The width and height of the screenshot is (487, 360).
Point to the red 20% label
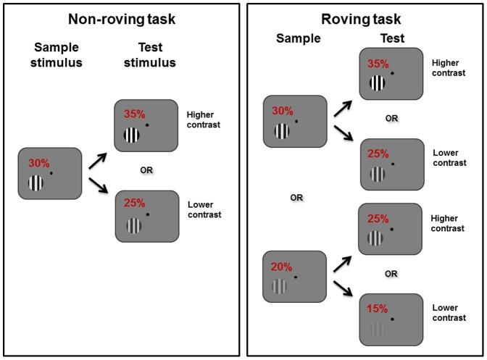pyautogui.click(x=283, y=267)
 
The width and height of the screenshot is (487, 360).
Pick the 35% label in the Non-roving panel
pyautogui.click(x=135, y=114)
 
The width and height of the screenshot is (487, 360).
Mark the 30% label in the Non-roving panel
pyautogui.click(x=38, y=163)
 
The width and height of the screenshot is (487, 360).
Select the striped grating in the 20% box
pyautogui.click(x=280, y=287)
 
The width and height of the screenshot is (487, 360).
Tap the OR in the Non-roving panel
pyautogui.click(x=146, y=170)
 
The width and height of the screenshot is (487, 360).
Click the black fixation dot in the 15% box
pyautogui.click(x=392, y=319)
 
